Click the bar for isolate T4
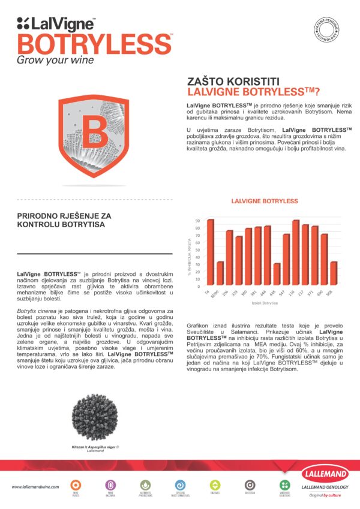coord(211,252)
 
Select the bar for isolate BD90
coord(220,273)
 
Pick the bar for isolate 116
coord(296,253)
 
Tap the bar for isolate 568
coord(334,273)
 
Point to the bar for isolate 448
coord(277,274)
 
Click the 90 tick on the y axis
coord(198,221)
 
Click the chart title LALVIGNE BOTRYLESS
coord(265,200)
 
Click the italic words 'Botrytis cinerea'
coord(37,312)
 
